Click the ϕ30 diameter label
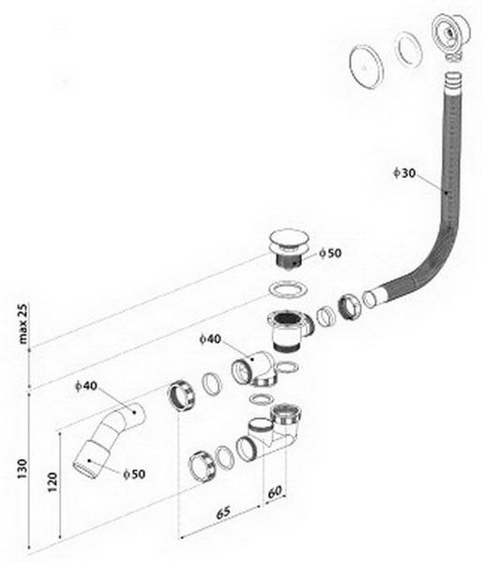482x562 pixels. click(x=404, y=173)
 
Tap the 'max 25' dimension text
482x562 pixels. click(x=23, y=324)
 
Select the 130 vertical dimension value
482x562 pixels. click(x=23, y=468)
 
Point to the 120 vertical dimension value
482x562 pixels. click(x=53, y=482)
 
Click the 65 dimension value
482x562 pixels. click(x=223, y=513)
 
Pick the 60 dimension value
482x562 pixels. click(x=275, y=492)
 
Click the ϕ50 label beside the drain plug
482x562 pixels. click(x=330, y=253)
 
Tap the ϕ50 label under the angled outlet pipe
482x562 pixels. click(x=134, y=474)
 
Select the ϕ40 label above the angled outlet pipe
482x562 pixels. click(x=86, y=386)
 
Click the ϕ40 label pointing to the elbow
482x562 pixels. click(x=210, y=339)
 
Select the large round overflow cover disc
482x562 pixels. click(x=366, y=67)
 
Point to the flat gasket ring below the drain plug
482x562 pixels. click(x=288, y=289)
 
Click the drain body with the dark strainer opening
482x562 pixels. click(x=289, y=328)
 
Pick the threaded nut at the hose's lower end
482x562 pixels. click(x=349, y=307)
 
